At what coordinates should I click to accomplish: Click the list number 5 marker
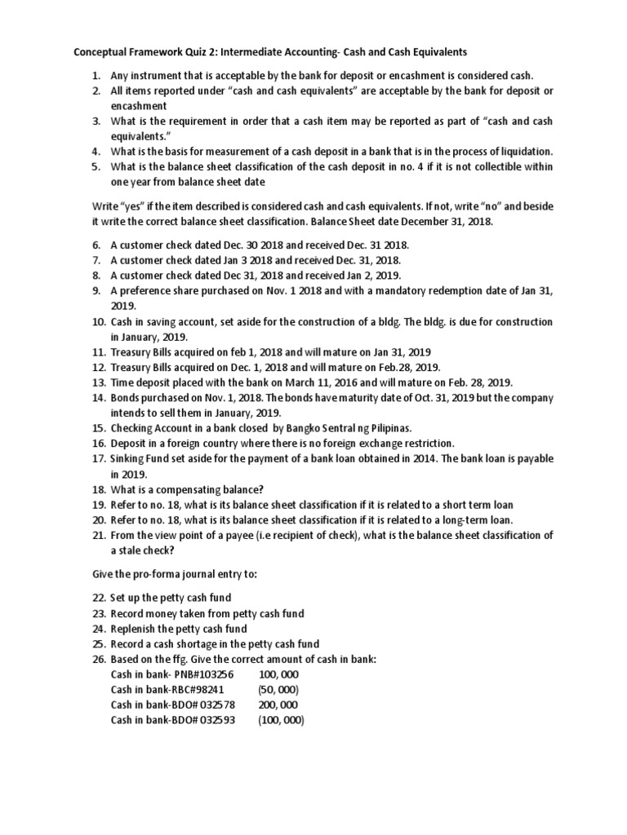pos(96,166)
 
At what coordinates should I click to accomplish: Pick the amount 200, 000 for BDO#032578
pos(278,705)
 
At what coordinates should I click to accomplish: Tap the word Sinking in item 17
pos(129,458)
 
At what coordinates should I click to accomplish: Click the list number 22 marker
pos(98,598)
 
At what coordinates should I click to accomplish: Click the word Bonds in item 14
pos(127,397)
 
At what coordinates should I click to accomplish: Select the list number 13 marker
pos(98,382)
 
